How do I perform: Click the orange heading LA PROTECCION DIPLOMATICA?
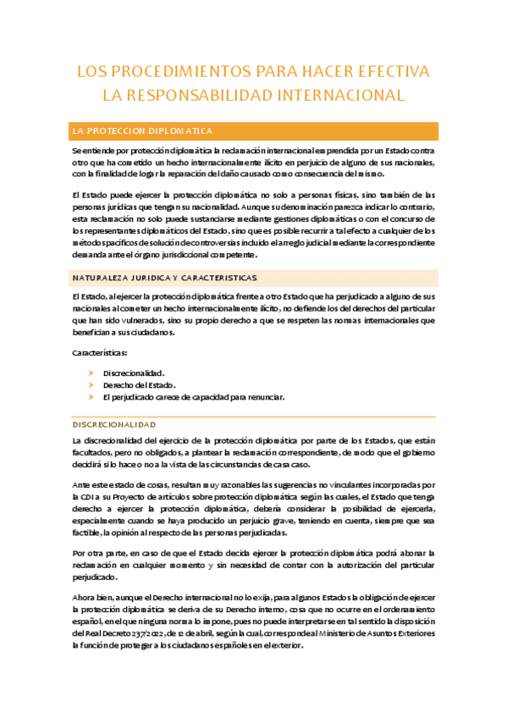[x=142, y=131]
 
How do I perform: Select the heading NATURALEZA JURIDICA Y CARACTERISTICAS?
[x=165, y=277]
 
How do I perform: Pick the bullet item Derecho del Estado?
[x=139, y=385]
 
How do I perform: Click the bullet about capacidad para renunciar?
[x=194, y=397]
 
